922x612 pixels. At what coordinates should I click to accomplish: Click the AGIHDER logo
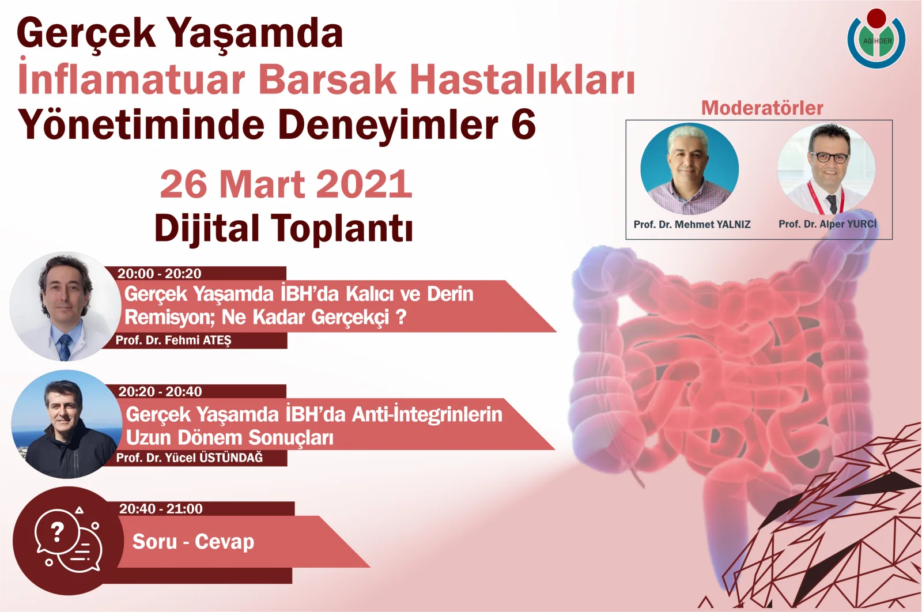click(x=876, y=39)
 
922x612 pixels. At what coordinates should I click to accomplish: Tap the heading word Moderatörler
click(x=762, y=108)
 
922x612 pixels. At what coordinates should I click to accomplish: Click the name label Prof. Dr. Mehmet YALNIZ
click(x=691, y=224)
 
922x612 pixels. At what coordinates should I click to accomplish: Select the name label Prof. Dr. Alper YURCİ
click(x=827, y=224)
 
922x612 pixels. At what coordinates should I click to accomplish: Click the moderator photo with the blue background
click(x=690, y=169)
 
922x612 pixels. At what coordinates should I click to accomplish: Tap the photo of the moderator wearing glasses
click(x=826, y=169)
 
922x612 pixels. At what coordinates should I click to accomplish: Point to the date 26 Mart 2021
click(x=286, y=184)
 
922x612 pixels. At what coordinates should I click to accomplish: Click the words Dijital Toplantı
click(x=284, y=228)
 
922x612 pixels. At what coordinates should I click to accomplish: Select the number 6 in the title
click(x=523, y=124)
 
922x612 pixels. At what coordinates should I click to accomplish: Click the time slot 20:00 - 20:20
click(x=160, y=273)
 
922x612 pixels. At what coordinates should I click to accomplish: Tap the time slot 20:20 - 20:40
click(x=160, y=391)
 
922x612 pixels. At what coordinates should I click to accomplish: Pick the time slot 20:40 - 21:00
click(x=161, y=508)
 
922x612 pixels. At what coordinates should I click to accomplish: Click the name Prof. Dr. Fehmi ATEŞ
click(x=173, y=340)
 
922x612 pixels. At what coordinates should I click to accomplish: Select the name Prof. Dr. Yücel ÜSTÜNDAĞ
click(x=189, y=458)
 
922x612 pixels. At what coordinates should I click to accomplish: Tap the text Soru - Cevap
click(x=193, y=542)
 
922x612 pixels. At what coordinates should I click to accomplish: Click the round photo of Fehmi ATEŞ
click(x=65, y=307)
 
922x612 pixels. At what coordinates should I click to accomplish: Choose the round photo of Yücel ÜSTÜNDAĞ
click(x=66, y=424)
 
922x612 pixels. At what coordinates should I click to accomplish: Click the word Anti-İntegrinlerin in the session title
click(x=427, y=414)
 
